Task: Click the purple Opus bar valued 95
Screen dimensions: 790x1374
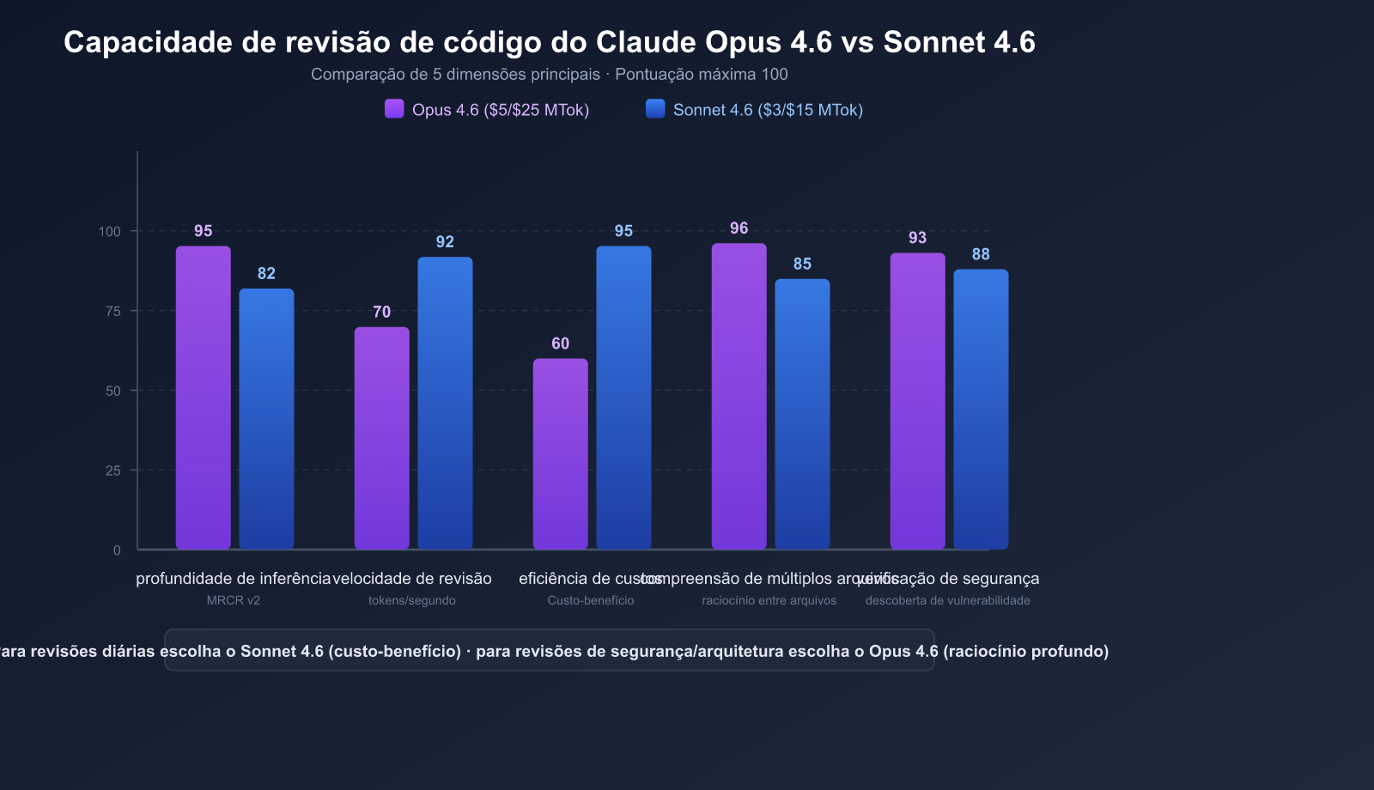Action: pyautogui.click(x=204, y=398)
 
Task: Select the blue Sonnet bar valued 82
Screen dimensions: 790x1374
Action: pyautogui.click(x=266, y=419)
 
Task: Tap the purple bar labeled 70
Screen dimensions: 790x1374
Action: pyautogui.click(x=382, y=438)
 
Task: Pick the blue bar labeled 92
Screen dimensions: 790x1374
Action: pyautogui.click(x=445, y=403)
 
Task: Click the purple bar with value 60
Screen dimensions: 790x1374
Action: pyautogui.click(x=561, y=453)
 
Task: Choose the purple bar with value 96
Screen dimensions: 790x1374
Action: pyautogui.click(x=739, y=396)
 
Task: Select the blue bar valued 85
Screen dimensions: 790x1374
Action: pyautogui.click(x=802, y=414)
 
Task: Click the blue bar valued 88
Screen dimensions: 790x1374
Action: pyautogui.click(x=981, y=409)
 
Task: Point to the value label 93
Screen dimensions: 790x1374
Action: pyautogui.click(x=917, y=238)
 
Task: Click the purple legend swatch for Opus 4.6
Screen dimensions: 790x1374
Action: pyautogui.click(x=394, y=108)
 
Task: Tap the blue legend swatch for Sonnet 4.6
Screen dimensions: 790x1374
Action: pyautogui.click(x=655, y=108)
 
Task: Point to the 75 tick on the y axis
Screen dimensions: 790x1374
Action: pyautogui.click(x=113, y=311)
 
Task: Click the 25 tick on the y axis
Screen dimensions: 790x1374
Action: pyautogui.click(x=113, y=471)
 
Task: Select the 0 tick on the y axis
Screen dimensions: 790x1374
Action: pyautogui.click(x=117, y=550)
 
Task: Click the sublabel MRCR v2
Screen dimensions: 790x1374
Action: pyautogui.click(x=234, y=600)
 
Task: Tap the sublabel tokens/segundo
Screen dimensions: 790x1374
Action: pyautogui.click(x=412, y=600)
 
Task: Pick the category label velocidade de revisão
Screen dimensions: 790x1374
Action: pyautogui.click(x=412, y=579)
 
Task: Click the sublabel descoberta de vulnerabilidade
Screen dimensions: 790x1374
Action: pyautogui.click(x=947, y=600)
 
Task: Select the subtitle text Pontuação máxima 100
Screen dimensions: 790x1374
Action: pyautogui.click(x=701, y=74)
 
